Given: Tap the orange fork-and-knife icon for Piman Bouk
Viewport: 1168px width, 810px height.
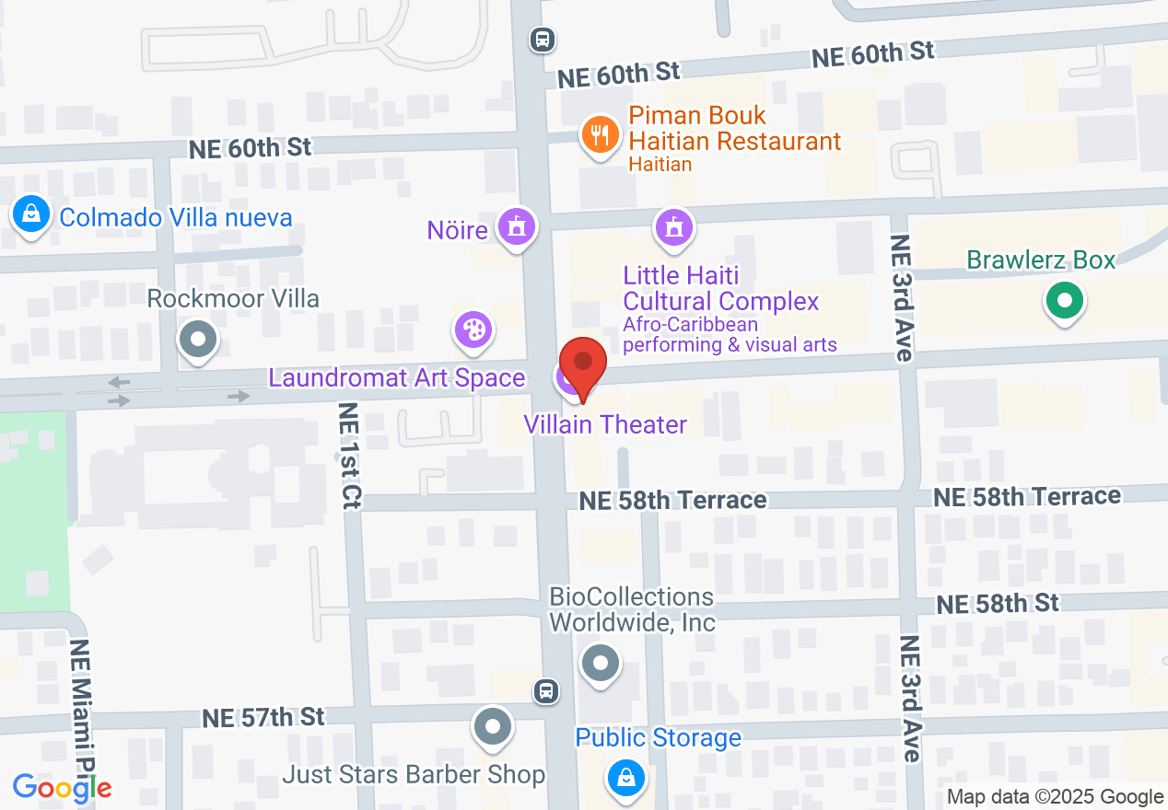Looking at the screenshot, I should (600, 136).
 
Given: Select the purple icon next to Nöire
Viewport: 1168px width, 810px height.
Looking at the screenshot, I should (516, 226).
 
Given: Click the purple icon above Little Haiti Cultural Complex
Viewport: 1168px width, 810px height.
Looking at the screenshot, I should (673, 226).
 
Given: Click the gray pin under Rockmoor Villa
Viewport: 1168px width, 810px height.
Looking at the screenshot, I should (196, 338).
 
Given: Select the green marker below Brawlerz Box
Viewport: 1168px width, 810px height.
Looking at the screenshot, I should (1064, 301).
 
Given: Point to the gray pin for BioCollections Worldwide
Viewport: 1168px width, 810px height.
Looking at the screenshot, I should (601, 662).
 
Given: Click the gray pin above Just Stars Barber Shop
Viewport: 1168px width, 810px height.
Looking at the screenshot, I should (492, 726).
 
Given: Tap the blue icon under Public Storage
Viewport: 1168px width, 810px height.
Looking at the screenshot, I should (626, 778).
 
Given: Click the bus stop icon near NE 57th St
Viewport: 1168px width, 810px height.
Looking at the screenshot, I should (546, 690).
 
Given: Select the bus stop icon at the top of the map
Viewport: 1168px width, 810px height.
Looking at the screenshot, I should (542, 39).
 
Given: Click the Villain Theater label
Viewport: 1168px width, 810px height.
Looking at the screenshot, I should (605, 424).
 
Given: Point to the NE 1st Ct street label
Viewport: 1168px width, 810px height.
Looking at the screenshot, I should (351, 455).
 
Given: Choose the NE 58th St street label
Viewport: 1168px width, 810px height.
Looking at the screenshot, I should (998, 604).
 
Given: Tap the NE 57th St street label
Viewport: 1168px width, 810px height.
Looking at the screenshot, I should (264, 716).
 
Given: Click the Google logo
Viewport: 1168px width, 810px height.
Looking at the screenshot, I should (62, 787).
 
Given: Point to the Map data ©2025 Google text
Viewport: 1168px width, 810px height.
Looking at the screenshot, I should (1056, 797).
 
